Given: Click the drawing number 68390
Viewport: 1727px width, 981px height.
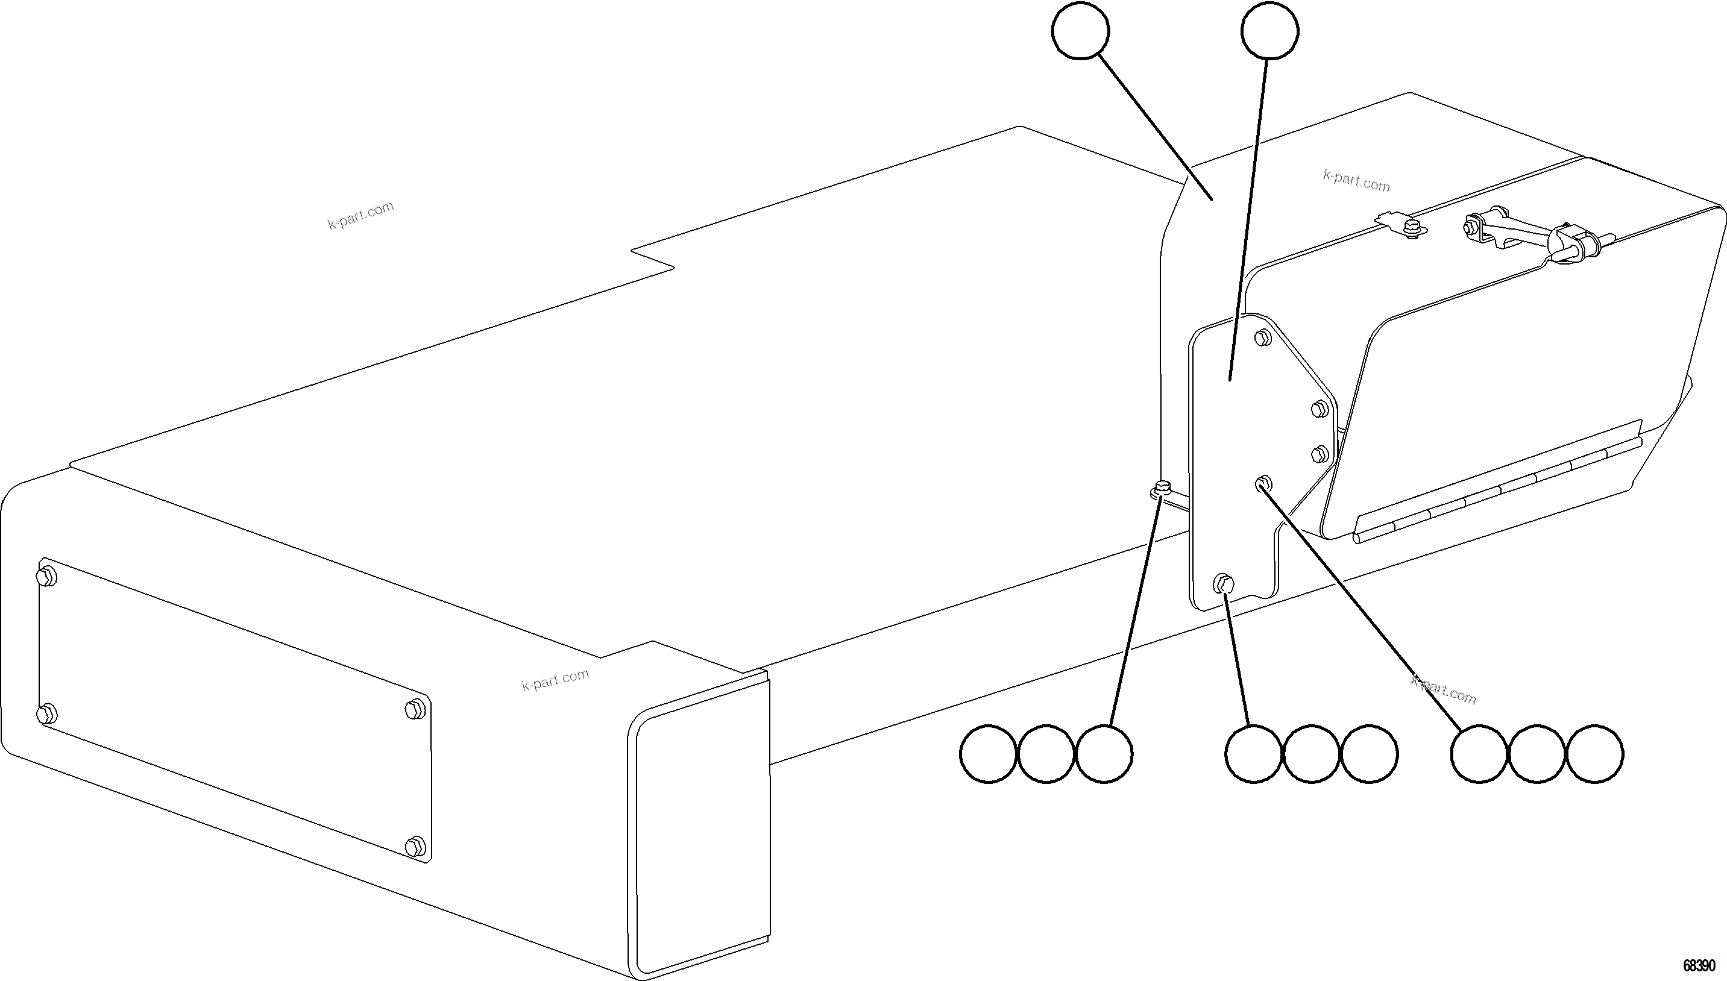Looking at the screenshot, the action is click(x=1699, y=965).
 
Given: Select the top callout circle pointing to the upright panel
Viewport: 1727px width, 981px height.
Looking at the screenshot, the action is click(x=1080, y=30).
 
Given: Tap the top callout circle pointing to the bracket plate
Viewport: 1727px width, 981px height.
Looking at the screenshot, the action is click(x=1269, y=30).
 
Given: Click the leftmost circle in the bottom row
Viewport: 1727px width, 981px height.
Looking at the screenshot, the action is click(x=989, y=754).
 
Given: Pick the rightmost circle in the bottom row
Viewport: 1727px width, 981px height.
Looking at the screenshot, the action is click(x=1595, y=754).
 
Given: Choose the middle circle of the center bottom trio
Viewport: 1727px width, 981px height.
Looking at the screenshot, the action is click(x=1311, y=754).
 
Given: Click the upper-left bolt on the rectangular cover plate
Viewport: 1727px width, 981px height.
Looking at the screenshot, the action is click(x=46, y=577).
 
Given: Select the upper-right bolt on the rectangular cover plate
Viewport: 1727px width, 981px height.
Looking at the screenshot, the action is click(x=416, y=709).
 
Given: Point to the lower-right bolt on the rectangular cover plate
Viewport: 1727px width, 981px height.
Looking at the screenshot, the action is click(x=416, y=845).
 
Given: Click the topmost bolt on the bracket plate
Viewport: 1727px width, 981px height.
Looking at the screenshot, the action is click(x=1263, y=337).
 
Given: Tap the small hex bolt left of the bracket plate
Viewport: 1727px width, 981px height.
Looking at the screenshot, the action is click(x=1162, y=488).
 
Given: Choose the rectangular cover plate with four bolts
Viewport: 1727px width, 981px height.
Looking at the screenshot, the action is click(x=234, y=711).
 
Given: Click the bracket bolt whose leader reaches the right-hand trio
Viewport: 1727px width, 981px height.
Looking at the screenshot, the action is click(x=1263, y=483).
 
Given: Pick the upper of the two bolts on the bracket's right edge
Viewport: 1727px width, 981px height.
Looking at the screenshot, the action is click(x=1320, y=409).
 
